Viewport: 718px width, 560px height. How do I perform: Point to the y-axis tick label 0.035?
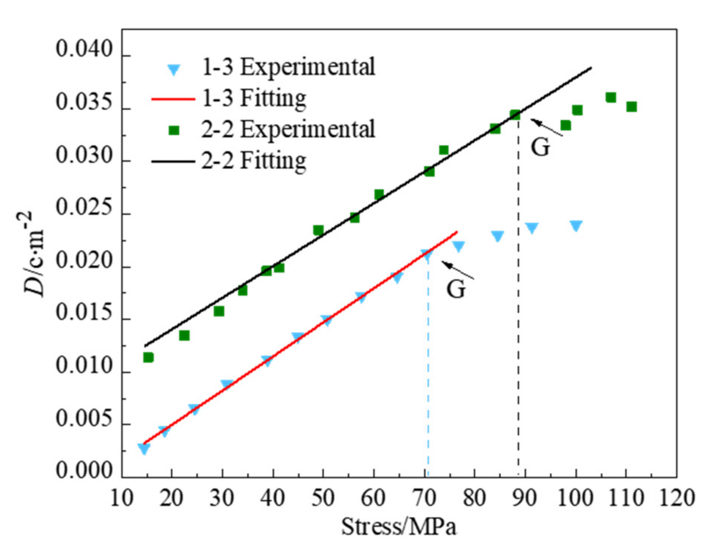[x=84, y=102]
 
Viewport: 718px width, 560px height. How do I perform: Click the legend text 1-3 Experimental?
[x=288, y=67]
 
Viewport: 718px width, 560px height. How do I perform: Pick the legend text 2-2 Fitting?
[x=254, y=161]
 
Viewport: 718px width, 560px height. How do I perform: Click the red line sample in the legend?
[x=173, y=99]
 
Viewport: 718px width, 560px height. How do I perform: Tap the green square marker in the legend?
[x=174, y=130]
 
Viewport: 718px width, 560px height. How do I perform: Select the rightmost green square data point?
[x=631, y=107]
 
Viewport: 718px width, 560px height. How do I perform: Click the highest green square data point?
[x=610, y=98]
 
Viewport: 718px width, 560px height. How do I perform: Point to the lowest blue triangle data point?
[x=144, y=449]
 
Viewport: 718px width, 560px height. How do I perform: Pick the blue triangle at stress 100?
[x=576, y=226]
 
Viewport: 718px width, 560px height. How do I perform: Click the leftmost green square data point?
[x=148, y=357]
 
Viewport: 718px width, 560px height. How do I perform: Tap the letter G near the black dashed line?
[x=540, y=148]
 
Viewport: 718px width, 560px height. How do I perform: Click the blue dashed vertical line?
[x=428, y=373]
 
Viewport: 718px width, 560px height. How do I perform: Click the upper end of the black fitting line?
[x=591, y=68]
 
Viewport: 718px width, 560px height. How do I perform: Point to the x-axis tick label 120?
[x=677, y=498]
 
